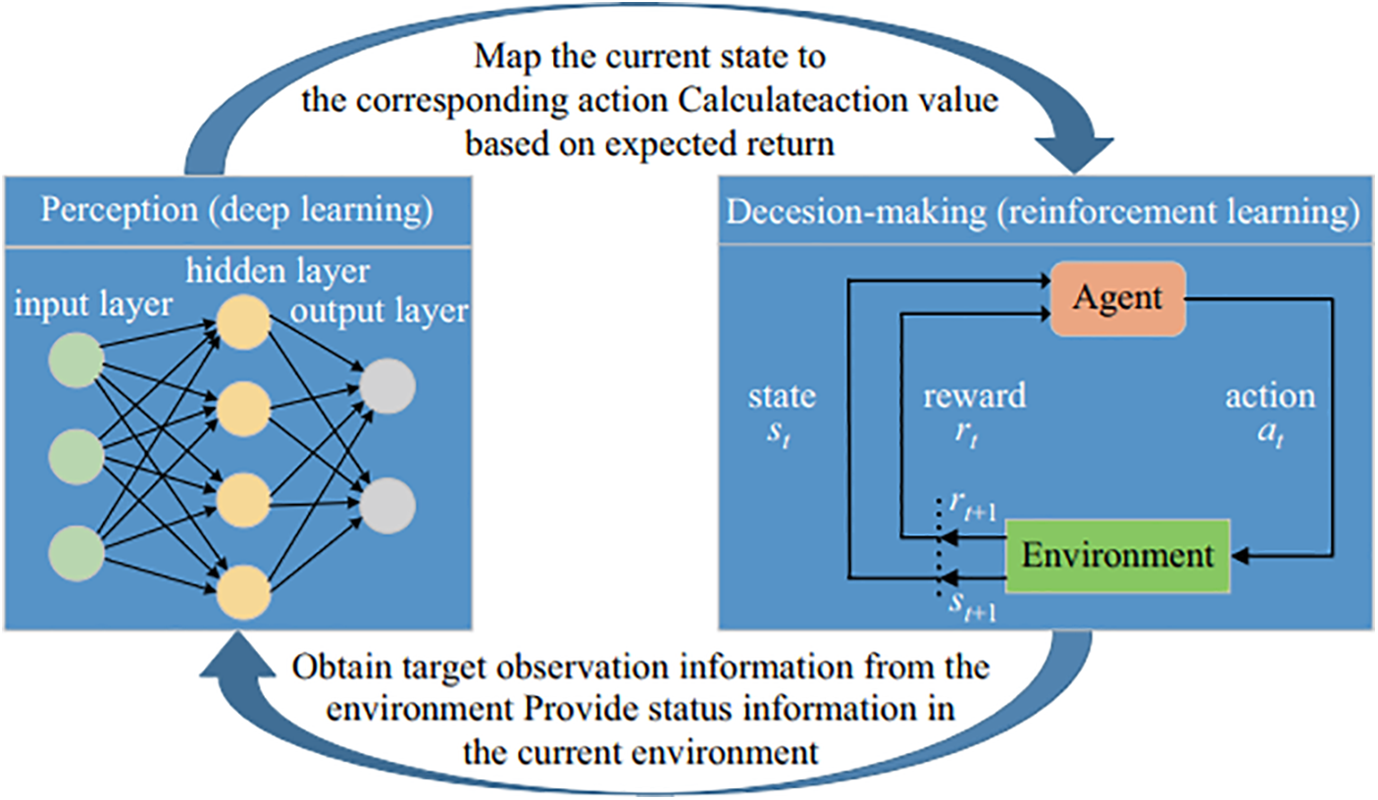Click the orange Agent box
tap(1118, 299)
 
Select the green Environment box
tap(1117, 556)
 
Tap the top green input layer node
tap(77, 361)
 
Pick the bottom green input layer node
tap(77, 553)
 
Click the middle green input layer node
tap(77, 457)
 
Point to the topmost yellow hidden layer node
tap(243, 323)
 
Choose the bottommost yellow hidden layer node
tap(243, 592)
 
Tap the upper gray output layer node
tap(387, 386)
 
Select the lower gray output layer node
tap(387, 506)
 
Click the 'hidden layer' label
tap(278, 272)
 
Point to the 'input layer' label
tap(93, 305)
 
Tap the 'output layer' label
tap(379, 311)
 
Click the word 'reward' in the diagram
tap(975, 395)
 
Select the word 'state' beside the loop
tap(782, 397)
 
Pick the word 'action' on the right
tap(1270, 396)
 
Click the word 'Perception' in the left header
tap(120, 211)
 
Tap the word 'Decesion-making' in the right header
tap(856, 212)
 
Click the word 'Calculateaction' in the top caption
tap(793, 100)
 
